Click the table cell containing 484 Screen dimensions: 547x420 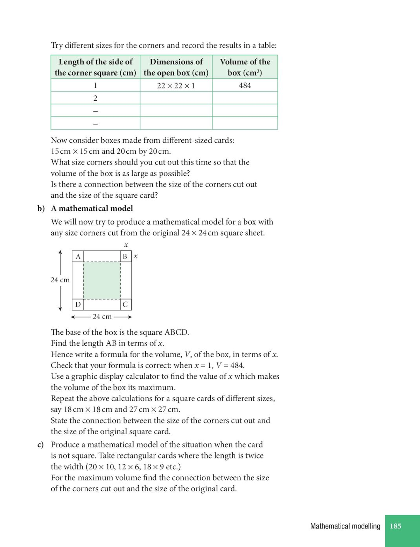point(245,85)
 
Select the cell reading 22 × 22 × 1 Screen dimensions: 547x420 point(176,85)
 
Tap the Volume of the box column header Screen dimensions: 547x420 point(245,67)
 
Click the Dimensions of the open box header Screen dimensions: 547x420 point(176,67)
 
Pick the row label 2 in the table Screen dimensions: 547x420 point(95,98)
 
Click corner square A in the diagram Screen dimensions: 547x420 point(78,257)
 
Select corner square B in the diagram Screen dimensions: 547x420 point(125,257)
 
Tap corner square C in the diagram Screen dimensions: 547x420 point(125,304)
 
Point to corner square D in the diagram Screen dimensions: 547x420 point(78,304)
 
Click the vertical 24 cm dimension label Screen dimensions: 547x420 point(60,280)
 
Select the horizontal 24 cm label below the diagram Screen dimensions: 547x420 point(102,317)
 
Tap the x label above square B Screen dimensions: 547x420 point(126,245)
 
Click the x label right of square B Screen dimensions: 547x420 point(136,257)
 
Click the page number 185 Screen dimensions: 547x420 point(395,526)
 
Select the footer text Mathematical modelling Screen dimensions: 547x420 point(345,526)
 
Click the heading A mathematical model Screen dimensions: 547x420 point(92,209)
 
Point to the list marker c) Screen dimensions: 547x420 point(41,445)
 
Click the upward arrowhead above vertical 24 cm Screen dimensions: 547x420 point(60,252)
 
